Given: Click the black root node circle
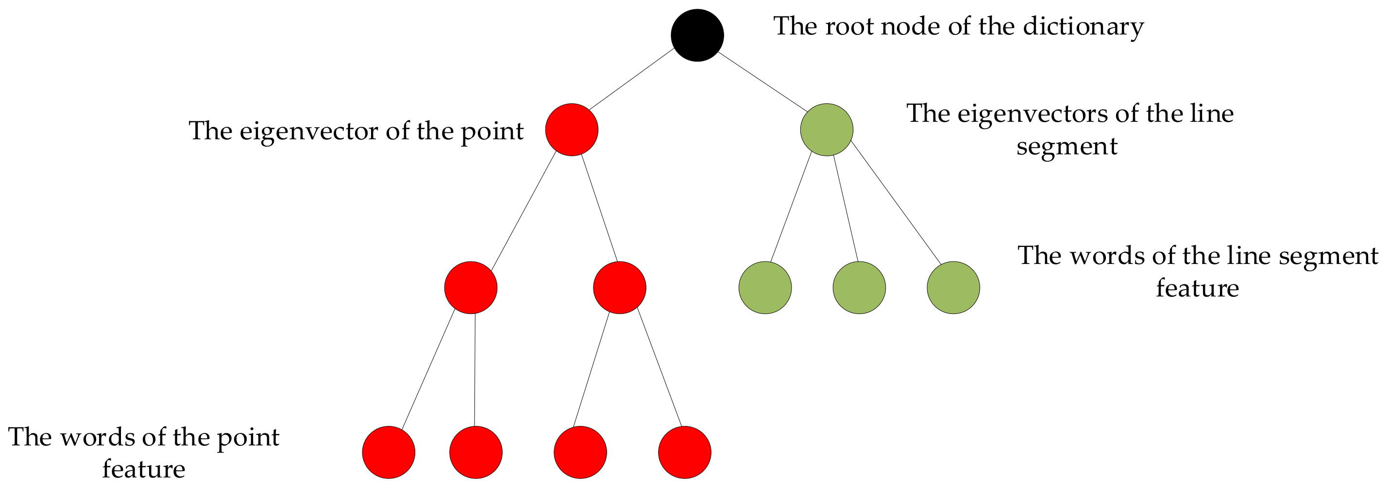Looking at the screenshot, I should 697,35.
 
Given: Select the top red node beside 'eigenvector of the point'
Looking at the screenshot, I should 572,130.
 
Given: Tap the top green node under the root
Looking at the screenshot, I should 826,130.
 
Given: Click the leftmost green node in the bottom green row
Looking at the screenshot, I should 765,288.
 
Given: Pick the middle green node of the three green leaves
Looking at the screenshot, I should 859,288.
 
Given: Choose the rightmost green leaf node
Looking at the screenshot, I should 953,288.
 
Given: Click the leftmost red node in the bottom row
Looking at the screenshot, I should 389,452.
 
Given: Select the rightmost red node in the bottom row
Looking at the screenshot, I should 684,452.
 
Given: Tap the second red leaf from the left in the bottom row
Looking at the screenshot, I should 476,452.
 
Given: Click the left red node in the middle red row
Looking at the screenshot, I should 471,288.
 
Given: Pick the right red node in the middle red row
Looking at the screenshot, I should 619,288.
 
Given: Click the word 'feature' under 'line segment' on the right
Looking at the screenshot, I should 1197,288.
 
